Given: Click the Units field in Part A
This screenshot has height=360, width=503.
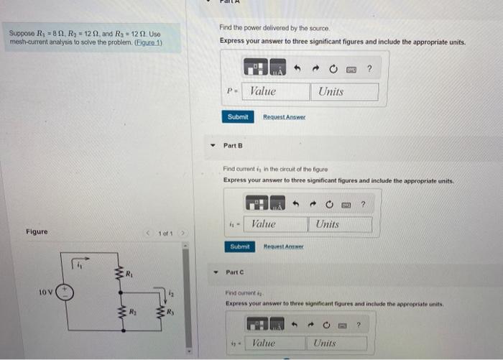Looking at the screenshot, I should click(x=343, y=92).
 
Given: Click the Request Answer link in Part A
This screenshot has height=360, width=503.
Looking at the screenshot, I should click(x=284, y=116).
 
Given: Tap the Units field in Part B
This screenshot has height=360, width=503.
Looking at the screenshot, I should click(x=341, y=224).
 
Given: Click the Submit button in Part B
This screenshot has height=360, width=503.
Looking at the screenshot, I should click(x=239, y=246).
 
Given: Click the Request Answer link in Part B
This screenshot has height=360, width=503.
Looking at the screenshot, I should click(x=284, y=246).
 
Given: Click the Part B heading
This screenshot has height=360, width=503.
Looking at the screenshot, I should click(x=234, y=146).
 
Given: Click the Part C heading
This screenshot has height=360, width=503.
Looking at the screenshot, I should click(x=236, y=272).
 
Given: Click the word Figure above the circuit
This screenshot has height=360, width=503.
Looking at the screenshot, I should click(x=37, y=231).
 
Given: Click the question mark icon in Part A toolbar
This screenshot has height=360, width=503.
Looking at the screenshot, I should click(x=369, y=69).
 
